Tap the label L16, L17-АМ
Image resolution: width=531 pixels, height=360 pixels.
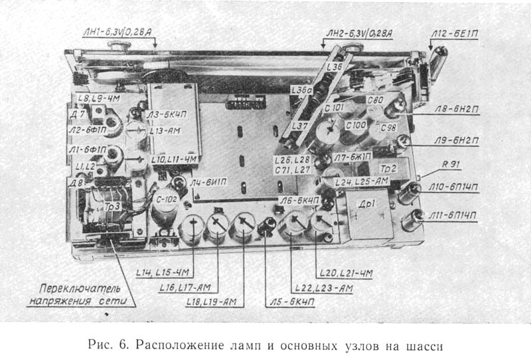tap(185, 288)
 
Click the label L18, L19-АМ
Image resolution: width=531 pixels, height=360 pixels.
tap(211, 301)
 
